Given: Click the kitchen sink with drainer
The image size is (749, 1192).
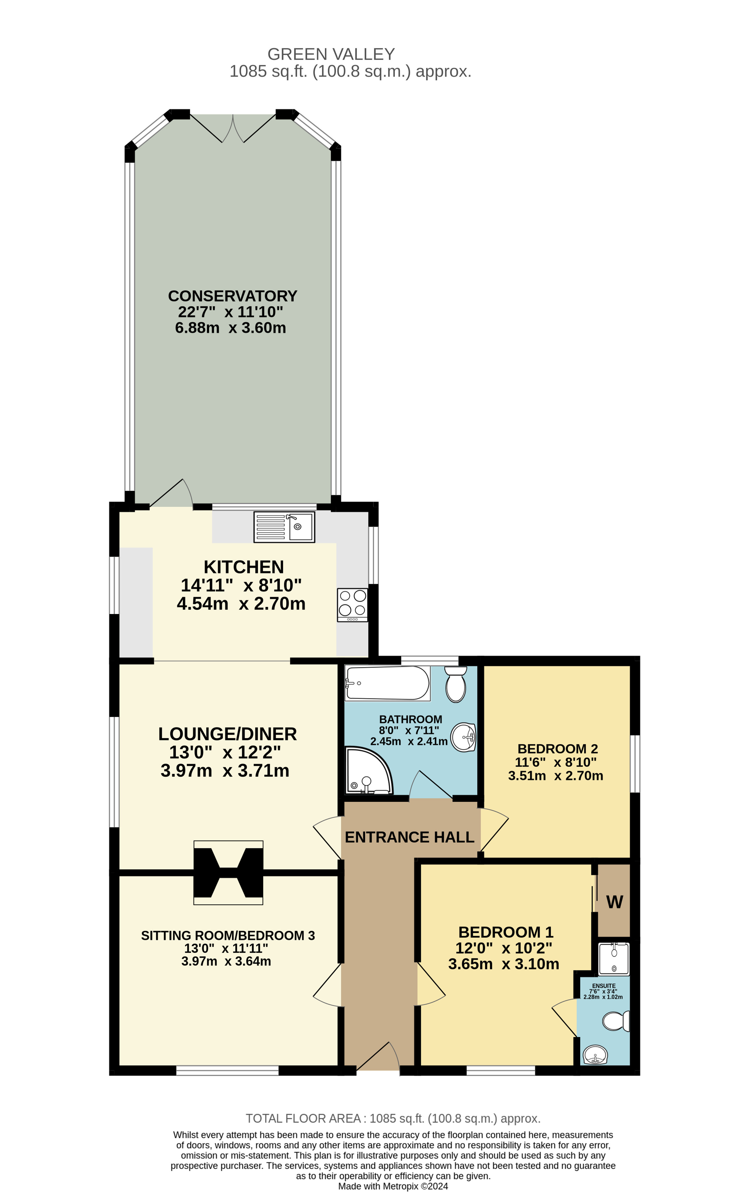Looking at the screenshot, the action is click(x=284, y=527).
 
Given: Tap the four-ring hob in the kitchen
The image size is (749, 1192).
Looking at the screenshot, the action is click(x=353, y=604).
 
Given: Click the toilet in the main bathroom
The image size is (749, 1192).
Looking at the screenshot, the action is click(x=456, y=684).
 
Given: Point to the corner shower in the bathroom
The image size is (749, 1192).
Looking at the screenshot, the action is click(x=368, y=771).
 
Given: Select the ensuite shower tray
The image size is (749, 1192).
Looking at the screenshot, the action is click(x=614, y=959).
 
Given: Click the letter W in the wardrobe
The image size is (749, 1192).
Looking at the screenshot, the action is click(x=614, y=902).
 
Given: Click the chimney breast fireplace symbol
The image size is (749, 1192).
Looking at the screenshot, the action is click(x=228, y=872).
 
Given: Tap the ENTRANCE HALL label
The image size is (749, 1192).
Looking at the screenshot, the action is click(x=409, y=837).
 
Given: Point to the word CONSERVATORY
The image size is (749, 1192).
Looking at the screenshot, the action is click(x=233, y=296).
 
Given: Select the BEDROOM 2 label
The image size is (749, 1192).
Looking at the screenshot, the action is click(x=557, y=749).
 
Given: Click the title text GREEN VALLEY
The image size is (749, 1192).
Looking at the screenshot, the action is click(x=331, y=54).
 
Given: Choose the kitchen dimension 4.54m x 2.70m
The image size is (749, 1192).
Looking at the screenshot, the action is click(x=241, y=603).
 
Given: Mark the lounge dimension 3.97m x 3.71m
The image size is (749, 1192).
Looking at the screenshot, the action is click(x=225, y=771).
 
